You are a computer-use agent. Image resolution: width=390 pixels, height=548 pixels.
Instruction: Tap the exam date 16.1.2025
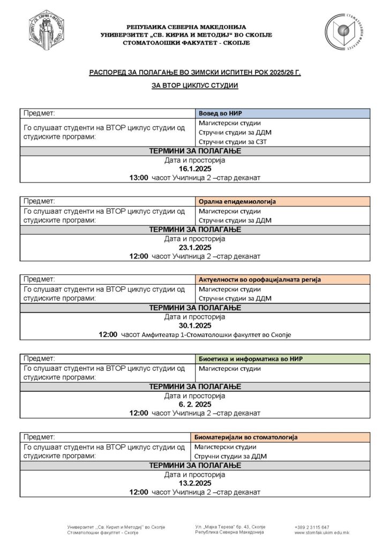195,169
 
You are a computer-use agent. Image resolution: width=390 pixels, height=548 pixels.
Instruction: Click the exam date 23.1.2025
195,247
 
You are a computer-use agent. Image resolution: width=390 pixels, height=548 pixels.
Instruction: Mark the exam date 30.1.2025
195,325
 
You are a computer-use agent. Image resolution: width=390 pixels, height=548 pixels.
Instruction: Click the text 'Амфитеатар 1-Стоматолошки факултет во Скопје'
216,334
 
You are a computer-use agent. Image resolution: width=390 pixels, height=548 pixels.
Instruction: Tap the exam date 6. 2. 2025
195,405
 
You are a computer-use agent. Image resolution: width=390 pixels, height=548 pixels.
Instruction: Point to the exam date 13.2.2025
195,483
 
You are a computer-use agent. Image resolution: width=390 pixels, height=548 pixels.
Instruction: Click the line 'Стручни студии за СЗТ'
232,141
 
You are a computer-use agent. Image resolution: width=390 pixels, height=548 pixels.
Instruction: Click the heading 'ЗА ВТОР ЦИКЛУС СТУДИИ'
195,85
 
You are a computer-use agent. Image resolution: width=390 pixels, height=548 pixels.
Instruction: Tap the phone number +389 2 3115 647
312,527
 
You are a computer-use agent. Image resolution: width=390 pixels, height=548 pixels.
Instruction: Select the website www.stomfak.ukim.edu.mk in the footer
321,532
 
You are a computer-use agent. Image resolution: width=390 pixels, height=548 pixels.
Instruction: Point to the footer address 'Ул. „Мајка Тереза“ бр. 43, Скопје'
230,527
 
